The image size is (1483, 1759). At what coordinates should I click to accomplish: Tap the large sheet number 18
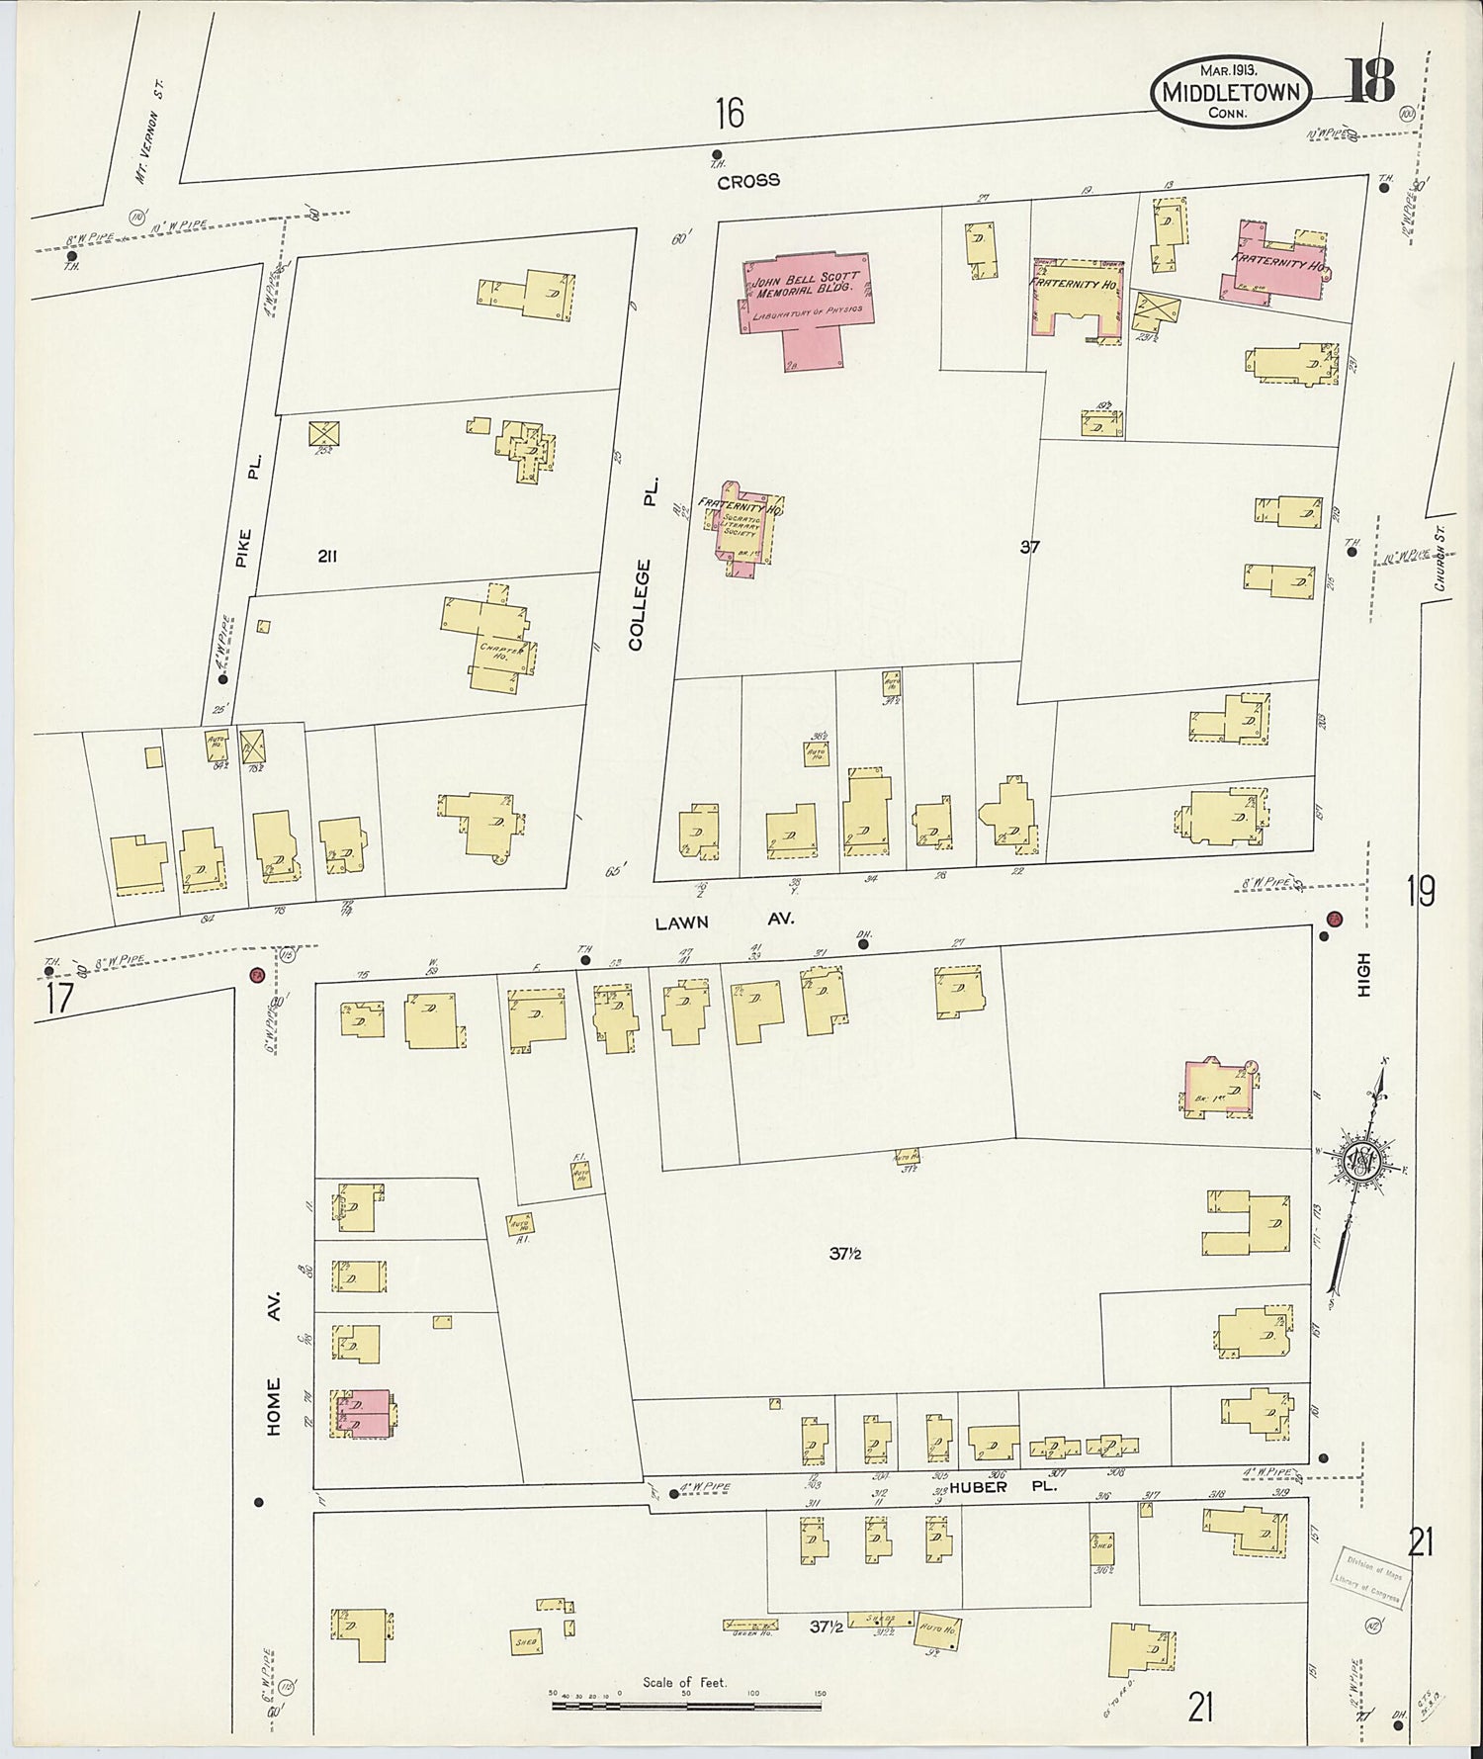click(x=1369, y=82)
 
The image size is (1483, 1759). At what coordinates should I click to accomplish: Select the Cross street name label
click(x=748, y=181)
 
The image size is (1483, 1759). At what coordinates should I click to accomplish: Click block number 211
click(x=327, y=557)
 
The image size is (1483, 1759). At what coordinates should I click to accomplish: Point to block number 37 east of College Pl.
click(x=1029, y=547)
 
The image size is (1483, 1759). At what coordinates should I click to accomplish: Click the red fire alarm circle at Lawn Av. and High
click(x=1334, y=919)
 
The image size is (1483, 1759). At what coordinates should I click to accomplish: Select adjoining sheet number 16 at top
click(x=730, y=114)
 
